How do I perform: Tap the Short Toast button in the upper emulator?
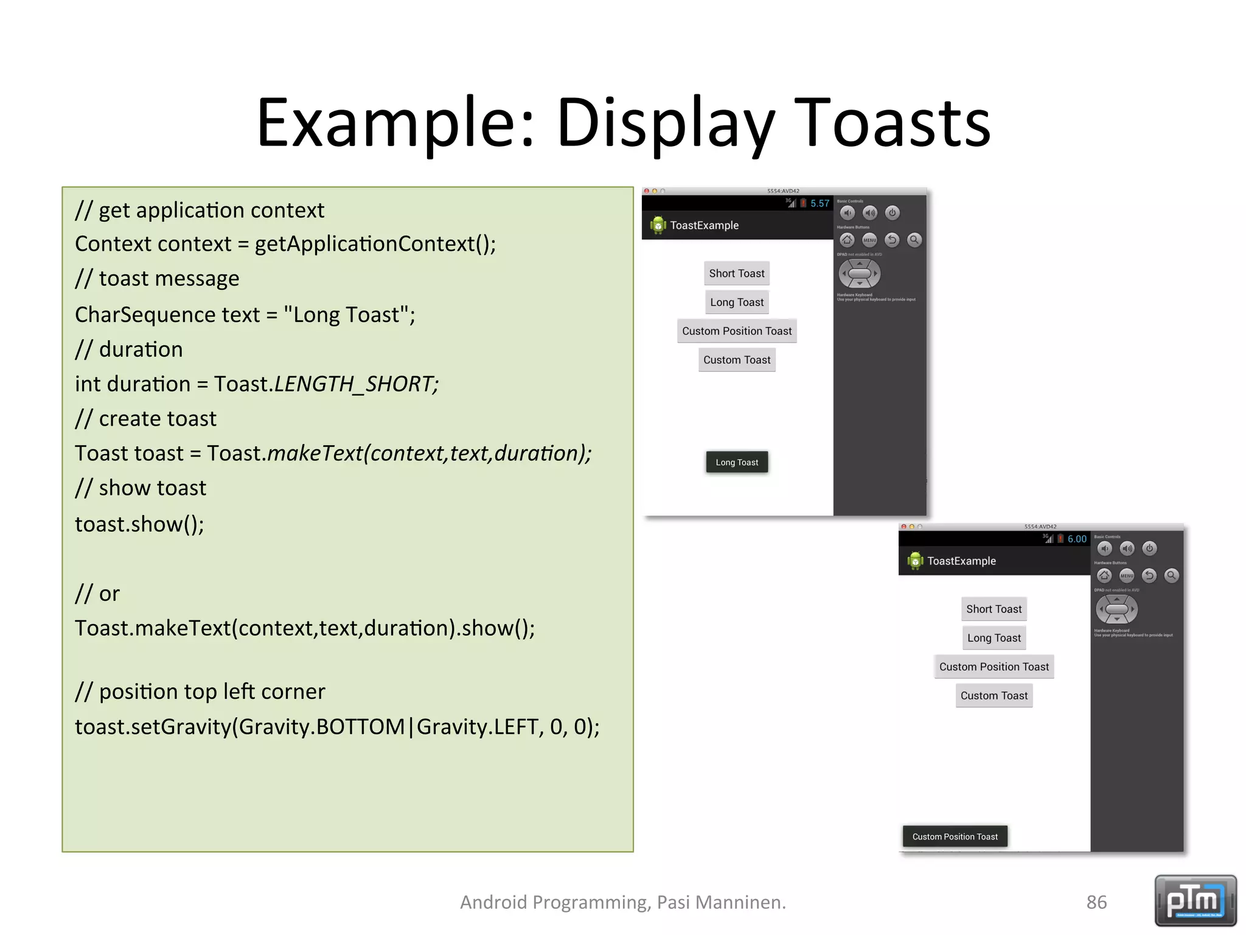click(x=736, y=273)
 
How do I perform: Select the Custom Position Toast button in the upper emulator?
click(x=736, y=331)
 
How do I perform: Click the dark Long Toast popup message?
click(x=736, y=463)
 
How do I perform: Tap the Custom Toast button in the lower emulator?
click(x=994, y=696)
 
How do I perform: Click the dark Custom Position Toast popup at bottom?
click(x=955, y=837)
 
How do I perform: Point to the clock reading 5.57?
click(x=820, y=203)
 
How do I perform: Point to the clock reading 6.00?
click(x=1076, y=539)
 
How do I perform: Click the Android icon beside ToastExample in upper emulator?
click(x=658, y=225)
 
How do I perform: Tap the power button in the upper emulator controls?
click(x=892, y=212)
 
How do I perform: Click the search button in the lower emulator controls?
click(x=1171, y=575)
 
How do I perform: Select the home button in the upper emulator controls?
click(x=847, y=240)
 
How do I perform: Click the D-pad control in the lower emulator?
click(x=1116, y=609)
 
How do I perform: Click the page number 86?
click(x=1096, y=902)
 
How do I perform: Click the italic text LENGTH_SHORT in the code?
click(x=356, y=384)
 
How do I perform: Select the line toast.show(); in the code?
click(x=139, y=524)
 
